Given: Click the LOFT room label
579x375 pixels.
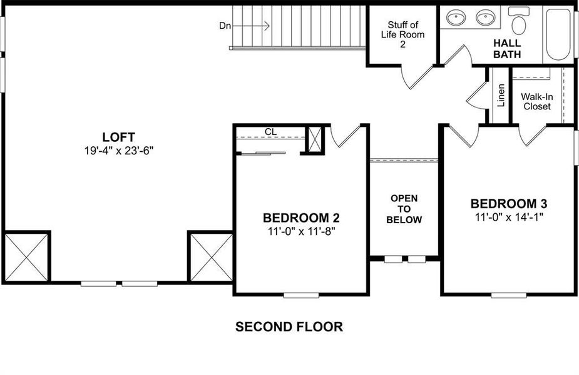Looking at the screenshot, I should point(118,137).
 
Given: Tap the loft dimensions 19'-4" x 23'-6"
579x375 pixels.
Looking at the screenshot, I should point(118,150).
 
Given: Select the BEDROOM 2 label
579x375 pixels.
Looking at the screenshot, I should point(301,218).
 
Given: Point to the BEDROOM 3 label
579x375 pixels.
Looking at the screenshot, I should point(509,204).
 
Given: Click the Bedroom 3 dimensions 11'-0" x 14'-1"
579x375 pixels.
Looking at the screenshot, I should point(509,217).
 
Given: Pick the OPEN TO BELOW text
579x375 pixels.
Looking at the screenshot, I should point(404,209).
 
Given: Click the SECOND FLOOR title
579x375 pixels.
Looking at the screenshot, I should point(289,326).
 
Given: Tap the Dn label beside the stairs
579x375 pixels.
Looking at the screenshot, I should point(225,26).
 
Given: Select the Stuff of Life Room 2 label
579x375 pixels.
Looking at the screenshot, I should point(402,35).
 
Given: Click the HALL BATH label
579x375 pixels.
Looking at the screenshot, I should point(507,49).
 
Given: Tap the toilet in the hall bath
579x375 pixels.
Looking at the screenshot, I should point(518,22).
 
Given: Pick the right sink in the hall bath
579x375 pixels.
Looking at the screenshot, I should point(486,18).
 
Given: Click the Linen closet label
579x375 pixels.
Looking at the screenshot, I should point(501,95).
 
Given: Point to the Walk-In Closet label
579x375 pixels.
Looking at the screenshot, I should point(536,101).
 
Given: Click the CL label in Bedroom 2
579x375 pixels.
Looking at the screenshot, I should point(270,132).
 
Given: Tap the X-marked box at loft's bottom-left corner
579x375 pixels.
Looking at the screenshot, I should point(26,256).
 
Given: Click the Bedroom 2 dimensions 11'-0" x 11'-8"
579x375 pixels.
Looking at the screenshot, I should point(301,231).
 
